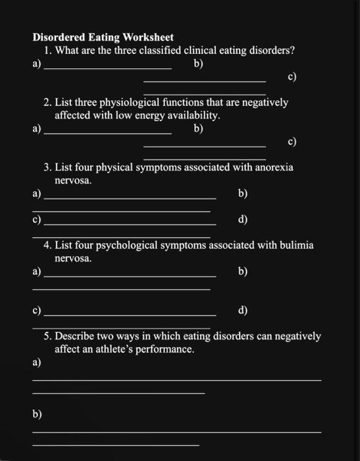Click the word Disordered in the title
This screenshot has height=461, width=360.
click(x=59, y=38)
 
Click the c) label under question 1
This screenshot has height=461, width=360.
click(x=292, y=77)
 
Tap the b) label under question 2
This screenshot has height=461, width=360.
click(x=198, y=129)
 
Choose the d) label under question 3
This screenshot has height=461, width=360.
click(x=243, y=219)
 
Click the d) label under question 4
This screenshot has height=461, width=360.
click(x=243, y=310)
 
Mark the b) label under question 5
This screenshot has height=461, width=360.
click(x=37, y=414)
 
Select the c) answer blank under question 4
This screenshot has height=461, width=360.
click(x=129, y=313)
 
